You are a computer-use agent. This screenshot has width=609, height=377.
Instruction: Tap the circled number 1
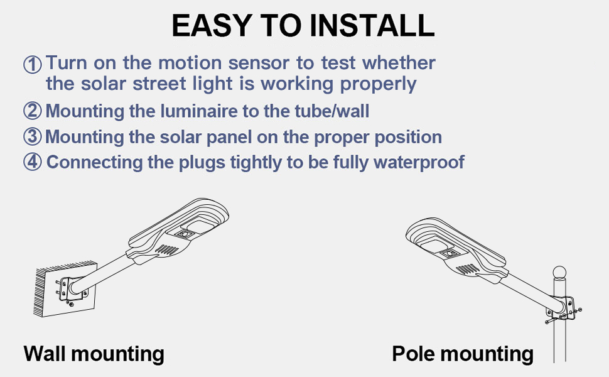coord(33,64)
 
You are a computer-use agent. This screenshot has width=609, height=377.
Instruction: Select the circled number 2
coord(33,112)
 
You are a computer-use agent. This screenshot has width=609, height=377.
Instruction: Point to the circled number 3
coord(33,137)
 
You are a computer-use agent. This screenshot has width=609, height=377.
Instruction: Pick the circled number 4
coord(33,162)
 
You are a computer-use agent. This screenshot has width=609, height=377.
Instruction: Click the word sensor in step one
coord(256,63)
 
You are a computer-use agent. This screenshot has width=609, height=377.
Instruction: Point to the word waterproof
coord(418,162)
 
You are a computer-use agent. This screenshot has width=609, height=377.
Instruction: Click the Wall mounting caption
coord(94,354)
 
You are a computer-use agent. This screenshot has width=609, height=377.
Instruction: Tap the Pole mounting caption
coord(463,354)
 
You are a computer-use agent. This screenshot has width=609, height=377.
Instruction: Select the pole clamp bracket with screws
coord(567,310)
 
